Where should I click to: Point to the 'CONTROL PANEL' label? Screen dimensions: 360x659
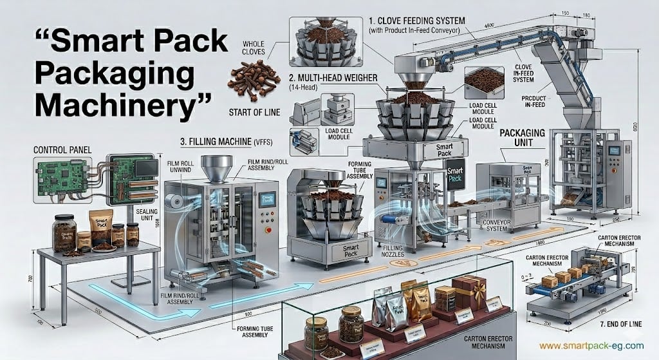pos(62,150)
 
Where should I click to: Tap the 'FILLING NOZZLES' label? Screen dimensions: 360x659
pos(393,249)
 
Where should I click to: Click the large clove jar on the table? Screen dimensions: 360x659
pos(64,232)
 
